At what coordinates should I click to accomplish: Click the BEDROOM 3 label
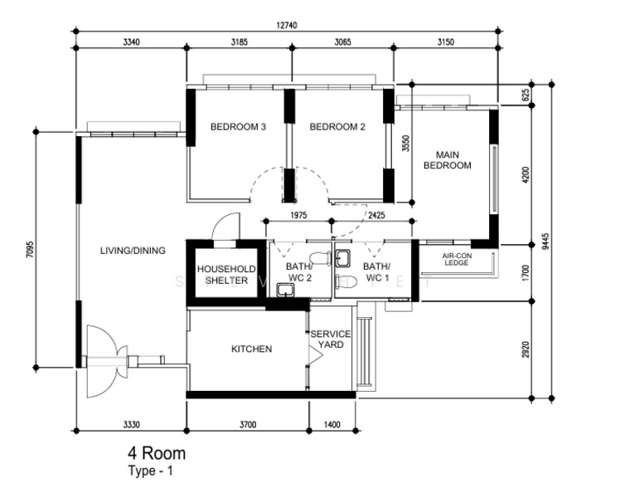click(x=238, y=127)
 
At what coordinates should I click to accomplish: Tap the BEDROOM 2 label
click(x=337, y=127)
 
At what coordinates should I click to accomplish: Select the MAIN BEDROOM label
click(x=448, y=160)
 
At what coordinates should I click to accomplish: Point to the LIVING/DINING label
click(x=133, y=251)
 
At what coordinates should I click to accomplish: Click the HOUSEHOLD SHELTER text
click(x=226, y=275)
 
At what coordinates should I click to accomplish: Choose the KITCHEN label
click(x=251, y=349)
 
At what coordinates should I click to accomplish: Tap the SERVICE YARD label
click(x=331, y=339)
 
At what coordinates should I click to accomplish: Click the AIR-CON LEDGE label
click(x=457, y=259)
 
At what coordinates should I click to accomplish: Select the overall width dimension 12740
click(x=287, y=25)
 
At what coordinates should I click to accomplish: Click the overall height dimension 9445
click(x=545, y=241)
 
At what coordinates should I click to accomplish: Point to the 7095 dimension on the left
click(x=31, y=249)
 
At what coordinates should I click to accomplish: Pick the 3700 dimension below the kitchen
click(x=248, y=424)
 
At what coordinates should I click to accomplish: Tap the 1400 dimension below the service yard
click(x=332, y=424)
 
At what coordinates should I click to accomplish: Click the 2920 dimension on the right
click(x=526, y=349)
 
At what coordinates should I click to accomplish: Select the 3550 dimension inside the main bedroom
click(x=405, y=144)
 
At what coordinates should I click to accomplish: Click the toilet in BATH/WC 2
click(x=320, y=258)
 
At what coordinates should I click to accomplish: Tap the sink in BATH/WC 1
click(x=342, y=258)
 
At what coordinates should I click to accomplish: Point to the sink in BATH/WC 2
click(x=285, y=290)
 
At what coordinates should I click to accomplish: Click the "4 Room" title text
click(x=157, y=453)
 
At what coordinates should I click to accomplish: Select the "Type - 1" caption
click(x=151, y=471)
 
